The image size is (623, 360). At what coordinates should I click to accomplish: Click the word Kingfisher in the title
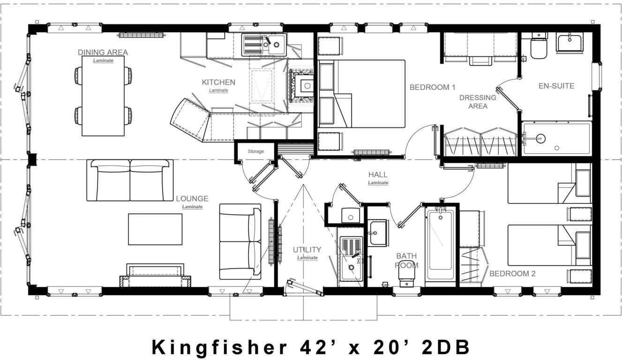[219, 347]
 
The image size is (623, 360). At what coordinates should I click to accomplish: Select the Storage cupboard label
[255, 151]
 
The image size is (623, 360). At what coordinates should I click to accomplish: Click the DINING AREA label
[103, 52]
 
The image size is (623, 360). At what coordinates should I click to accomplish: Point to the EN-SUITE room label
[556, 86]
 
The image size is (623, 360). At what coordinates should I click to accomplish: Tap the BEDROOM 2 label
[512, 274]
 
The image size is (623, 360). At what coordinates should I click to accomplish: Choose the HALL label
[378, 175]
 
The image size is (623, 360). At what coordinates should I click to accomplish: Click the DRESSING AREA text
[477, 102]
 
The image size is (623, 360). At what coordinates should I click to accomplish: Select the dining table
[103, 96]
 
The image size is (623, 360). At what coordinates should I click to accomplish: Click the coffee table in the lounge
[155, 229]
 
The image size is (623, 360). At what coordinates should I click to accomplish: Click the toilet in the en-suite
[539, 47]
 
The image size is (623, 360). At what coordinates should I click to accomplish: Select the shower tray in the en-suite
[556, 138]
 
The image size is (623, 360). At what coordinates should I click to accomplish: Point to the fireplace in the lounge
[156, 276]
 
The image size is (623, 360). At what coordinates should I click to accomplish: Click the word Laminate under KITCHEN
[218, 90]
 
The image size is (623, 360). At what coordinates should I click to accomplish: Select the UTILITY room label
[307, 250]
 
